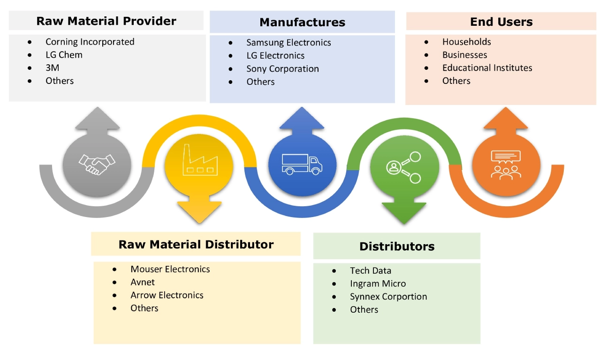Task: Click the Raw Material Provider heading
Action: point(106,21)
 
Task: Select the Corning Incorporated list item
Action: point(90,42)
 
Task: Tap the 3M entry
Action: point(52,68)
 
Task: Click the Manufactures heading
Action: point(302,22)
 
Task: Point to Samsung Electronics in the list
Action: point(288,43)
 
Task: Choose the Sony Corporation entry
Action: point(282,69)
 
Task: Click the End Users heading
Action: point(501,22)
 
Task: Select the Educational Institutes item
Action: point(487,68)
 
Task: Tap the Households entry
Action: point(466,42)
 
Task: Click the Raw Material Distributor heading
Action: point(196,244)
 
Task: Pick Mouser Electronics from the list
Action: point(170,269)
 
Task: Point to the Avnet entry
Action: point(142,282)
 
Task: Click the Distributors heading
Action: point(397,247)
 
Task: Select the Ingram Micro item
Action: point(378,284)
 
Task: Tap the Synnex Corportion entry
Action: point(388,297)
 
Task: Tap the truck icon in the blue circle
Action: point(302,164)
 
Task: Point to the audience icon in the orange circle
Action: point(506,164)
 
